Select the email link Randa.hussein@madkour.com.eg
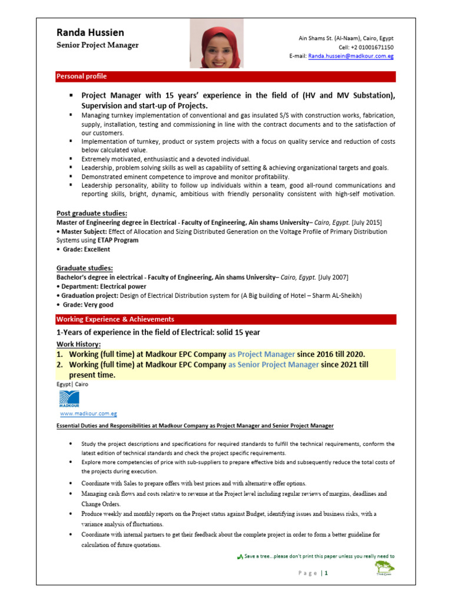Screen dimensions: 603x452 pos(351,56)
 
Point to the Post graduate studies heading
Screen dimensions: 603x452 pos(92,213)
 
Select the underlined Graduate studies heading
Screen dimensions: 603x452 pos(85,268)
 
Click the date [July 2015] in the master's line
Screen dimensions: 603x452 pos(366,223)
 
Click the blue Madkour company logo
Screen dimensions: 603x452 pos(69,399)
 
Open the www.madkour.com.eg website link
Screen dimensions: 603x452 pos(88,414)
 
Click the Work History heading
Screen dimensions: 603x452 pos(78,344)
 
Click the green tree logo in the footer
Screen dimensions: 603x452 pos(385,568)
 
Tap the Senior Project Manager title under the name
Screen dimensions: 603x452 pos(98,45)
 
